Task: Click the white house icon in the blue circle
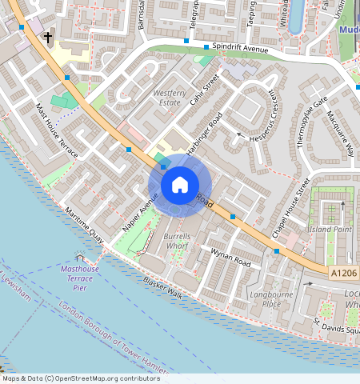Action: click(x=180, y=186)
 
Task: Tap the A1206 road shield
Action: click(x=344, y=273)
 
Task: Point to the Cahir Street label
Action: click(x=205, y=90)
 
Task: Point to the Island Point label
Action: click(x=331, y=230)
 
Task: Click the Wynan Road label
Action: click(x=230, y=258)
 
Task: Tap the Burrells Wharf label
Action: click(x=177, y=242)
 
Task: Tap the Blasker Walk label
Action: click(x=163, y=289)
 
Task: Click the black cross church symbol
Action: click(x=48, y=37)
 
